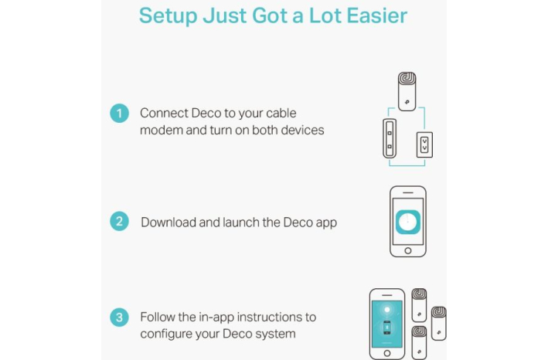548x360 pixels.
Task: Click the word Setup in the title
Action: (168, 16)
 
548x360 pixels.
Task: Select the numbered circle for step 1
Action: (119, 113)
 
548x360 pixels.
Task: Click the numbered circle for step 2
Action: (119, 222)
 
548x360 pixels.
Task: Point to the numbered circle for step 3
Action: (119, 317)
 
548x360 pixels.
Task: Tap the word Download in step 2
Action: (168, 222)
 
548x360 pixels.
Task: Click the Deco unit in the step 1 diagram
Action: (407, 91)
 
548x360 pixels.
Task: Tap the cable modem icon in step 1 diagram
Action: (390, 138)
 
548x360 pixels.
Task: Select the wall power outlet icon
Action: (424, 144)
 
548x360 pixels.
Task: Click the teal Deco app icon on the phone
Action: (408, 222)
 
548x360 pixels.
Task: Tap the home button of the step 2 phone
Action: (408, 251)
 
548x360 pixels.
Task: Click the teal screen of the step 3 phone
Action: (387, 324)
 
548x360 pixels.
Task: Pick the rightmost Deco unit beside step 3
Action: (438, 324)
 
